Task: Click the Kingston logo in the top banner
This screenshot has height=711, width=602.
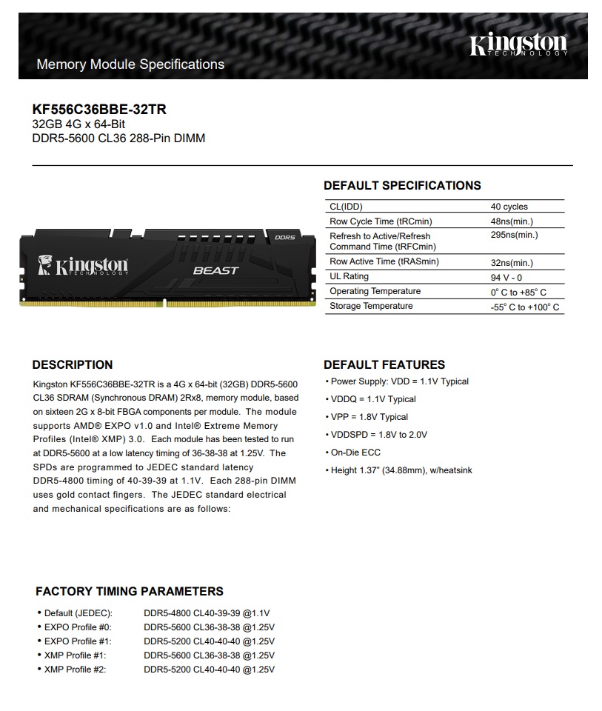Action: [x=518, y=45]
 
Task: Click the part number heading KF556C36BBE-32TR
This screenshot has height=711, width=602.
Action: [x=99, y=110]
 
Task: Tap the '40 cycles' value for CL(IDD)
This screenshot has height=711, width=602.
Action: [x=509, y=207]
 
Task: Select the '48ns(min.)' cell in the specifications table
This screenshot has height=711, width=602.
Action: [x=512, y=221]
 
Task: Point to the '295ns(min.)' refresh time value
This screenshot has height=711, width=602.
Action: [x=514, y=236]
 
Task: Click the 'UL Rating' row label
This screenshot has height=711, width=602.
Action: [x=349, y=276]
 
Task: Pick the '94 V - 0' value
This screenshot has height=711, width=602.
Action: [x=506, y=277]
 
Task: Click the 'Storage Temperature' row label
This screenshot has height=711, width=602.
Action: [x=371, y=306]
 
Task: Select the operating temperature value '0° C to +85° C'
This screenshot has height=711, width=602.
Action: [x=518, y=292]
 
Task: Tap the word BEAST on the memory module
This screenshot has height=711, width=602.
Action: [x=215, y=270]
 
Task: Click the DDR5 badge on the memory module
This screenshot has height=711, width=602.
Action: [x=284, y=238]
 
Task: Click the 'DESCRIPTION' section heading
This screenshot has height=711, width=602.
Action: [x=73, y=364]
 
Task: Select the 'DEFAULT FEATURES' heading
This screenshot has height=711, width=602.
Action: [x=384, y=364]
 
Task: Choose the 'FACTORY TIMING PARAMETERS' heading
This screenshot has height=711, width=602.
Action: [x=130, y=591]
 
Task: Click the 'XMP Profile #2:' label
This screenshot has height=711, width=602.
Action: [x=76, y=670]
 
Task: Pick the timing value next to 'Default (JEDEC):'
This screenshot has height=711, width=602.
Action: [x=207, y=613]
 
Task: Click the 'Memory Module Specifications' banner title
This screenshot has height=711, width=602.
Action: [x=130, y=64]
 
